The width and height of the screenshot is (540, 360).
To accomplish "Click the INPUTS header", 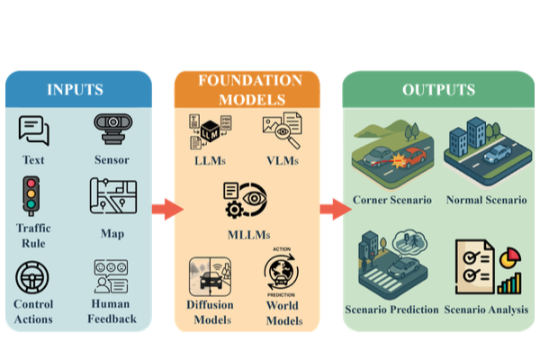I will [76, 89].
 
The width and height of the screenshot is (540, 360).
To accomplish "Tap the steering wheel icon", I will [34, 277].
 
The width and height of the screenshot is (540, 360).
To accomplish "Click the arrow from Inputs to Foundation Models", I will [166, 210].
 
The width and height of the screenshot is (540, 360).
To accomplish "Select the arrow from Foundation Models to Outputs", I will [334, 210].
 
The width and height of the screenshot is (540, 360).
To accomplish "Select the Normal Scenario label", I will [486, 198].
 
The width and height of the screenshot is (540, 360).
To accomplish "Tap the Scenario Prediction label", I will [392, 310].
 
